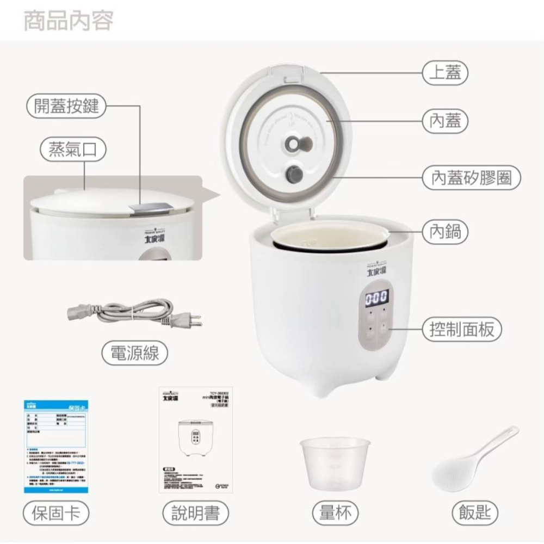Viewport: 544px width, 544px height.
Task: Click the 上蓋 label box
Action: click(445, 73)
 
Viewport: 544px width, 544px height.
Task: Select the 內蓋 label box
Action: click(445, 121)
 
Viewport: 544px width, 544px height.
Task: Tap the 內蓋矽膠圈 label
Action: click(471, 178)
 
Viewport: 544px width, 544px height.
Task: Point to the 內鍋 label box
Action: click(445, 231)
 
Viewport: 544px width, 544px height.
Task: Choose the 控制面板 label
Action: click(462, 330)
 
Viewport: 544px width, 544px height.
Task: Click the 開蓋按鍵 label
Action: click(66, 106)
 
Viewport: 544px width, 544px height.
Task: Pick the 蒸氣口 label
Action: click(73, 150)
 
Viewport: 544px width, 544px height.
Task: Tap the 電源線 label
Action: click(135, 354)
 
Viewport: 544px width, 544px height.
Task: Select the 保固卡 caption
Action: click(56, 512)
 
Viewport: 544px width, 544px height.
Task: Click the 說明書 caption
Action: click(196, 512)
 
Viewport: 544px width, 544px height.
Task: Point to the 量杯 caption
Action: click(335, 512)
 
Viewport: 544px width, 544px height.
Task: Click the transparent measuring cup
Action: click(335, 462)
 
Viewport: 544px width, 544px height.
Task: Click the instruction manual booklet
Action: click(195, 440)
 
